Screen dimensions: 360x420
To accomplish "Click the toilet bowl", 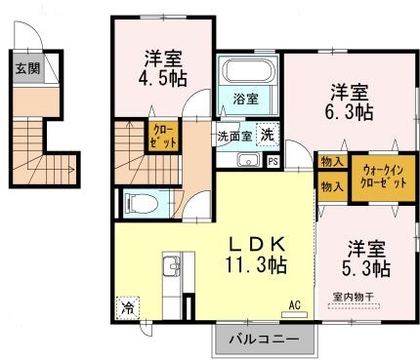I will tap(138, 203).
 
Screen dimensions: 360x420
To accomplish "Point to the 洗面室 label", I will tap(234, 136).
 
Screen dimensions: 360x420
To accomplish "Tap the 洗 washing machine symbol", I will tap(267, 136).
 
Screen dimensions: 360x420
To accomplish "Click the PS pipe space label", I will tap(273, 161).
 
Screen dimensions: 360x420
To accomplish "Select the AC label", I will tap(294, 305).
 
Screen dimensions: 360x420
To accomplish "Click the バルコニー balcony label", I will tap(266, 340).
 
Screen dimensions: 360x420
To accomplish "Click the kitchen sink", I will tap(170, 263).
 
